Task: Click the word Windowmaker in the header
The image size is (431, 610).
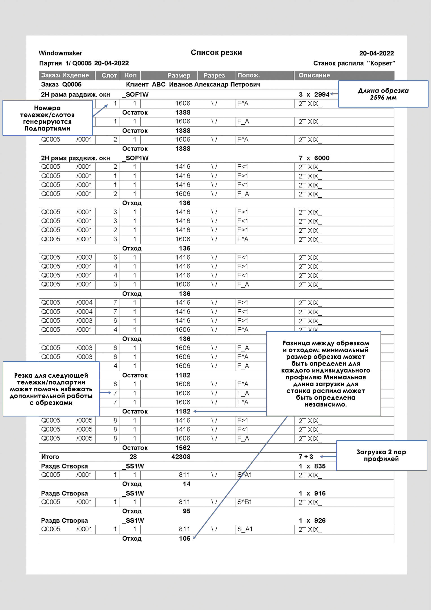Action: point(60,53)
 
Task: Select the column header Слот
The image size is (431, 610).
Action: point(109,75)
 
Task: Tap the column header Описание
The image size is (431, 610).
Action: point(314,75)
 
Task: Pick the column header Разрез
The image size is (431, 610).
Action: point(214,75)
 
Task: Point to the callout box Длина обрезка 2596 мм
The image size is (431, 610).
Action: point(383,94)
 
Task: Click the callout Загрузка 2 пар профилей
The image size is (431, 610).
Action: point(381,455)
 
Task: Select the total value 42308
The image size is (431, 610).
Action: point(181,457)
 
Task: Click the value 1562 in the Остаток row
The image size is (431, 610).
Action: point(183,448)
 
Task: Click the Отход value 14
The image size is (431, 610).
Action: point(186,484)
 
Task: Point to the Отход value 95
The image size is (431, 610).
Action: point(186,511)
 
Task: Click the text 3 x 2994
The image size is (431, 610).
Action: point(314,95)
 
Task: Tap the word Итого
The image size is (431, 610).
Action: point(50,457)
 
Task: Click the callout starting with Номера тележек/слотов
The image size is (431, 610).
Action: point(47,118)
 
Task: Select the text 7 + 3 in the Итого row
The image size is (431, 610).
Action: point(306,457)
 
